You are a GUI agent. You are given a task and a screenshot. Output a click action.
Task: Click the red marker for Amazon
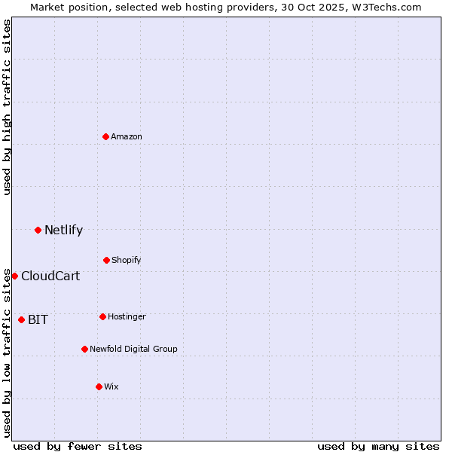pos(105,136)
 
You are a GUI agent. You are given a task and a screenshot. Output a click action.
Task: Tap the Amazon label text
pos(127,136)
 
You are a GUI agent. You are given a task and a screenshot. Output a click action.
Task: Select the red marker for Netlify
pos(38,230)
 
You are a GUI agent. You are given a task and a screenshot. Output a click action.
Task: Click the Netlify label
pos(63,231)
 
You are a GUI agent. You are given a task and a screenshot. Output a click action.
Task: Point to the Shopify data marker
pos(106,260)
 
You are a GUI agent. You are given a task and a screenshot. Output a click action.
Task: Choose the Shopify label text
pos(127,260)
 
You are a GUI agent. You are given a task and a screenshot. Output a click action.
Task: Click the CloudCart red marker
pos(14,276)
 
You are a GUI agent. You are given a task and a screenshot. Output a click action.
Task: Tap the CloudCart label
pos(50,276)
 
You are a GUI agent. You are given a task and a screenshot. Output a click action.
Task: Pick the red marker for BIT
pos(21,319)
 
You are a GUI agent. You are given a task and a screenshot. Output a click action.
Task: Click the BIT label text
pos(38,319)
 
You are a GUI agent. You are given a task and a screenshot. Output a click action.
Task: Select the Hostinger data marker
pos(102,316)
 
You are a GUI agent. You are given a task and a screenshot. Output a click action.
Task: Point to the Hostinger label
pos(127,316)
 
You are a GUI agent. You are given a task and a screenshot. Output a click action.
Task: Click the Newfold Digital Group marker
pos(84,349)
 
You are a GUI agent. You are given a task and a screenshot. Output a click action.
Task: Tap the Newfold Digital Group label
pos(133,349)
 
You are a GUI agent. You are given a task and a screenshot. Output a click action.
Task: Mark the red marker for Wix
pos(99,386)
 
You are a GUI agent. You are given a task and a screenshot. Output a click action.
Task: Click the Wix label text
pos(111,386)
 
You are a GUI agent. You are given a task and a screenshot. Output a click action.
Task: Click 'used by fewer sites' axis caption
pos(78,446)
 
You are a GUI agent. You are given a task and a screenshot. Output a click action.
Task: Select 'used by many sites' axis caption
pos(378,446)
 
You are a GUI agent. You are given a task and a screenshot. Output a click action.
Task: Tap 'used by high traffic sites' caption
pos(7,106)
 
